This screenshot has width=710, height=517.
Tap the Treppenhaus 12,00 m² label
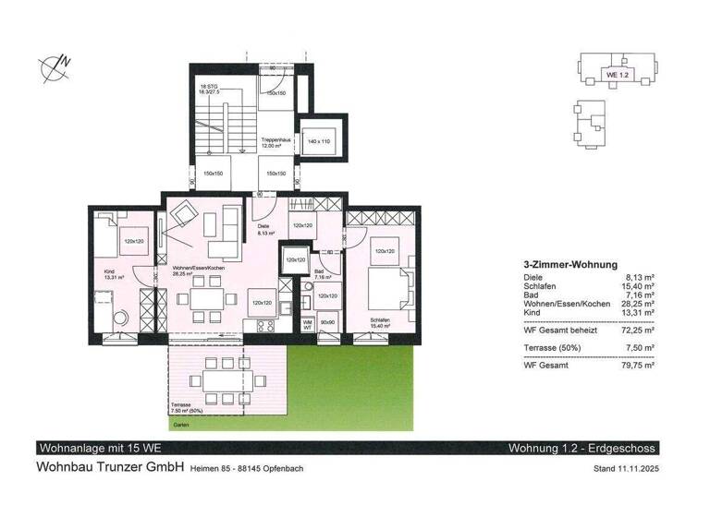point(270,143)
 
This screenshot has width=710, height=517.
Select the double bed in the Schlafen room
point(384,285)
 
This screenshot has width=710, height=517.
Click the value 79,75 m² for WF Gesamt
point(637,366)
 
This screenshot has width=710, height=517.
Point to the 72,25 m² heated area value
point(637,329)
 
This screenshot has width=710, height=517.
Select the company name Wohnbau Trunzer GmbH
point(110,467)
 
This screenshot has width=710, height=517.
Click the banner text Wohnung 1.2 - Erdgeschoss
point(581,449)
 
